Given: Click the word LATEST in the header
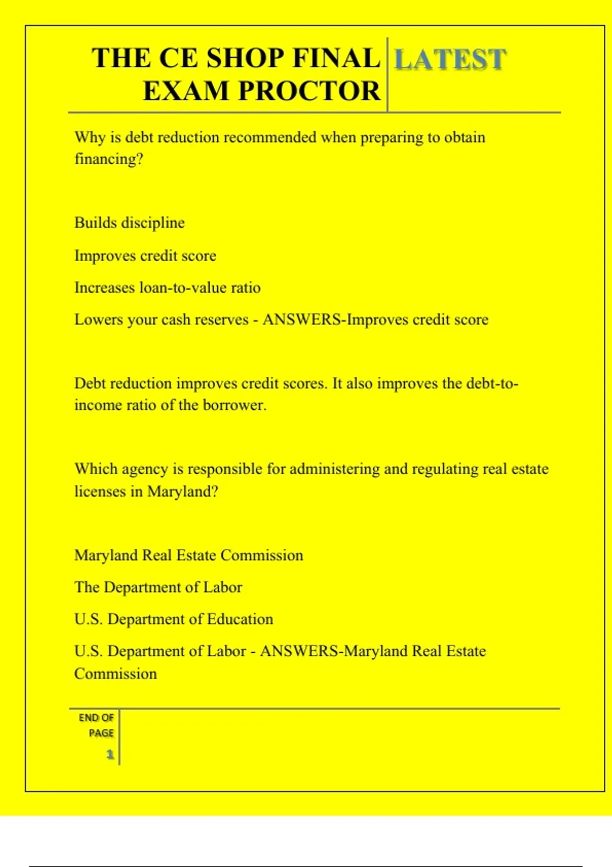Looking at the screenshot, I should pyautogui.click(x=450, y=59).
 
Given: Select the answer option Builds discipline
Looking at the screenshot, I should pyautogui.click(x=130, y=223).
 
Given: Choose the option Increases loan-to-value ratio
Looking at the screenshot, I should pyautogui.click(x=167, y=288).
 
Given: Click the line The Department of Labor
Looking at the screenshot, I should pyautogui.click(x=158, y=587).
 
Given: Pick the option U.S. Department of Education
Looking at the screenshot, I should pyautogui.click(x=173, y=619).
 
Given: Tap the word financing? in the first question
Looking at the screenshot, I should pyautogui.click(x=109, y=159).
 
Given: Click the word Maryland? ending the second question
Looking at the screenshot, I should pyautogui.click(x=183, y=492).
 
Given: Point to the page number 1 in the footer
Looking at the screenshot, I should pyautogui.click(x=110, y=754).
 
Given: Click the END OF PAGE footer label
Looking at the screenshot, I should pyautogui.click(x=97, y=725).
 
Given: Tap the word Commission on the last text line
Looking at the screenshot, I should pyautogui.click(x=116, y=674).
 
